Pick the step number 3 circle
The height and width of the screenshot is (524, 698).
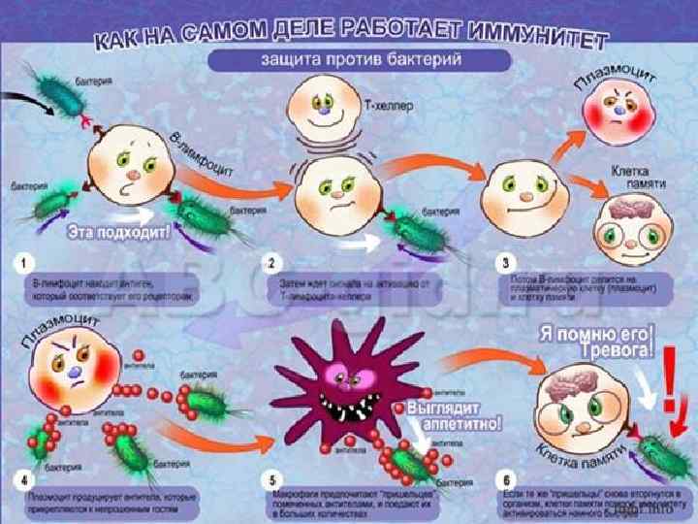pos(505,263)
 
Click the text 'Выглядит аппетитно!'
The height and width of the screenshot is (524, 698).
pos(454,414)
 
